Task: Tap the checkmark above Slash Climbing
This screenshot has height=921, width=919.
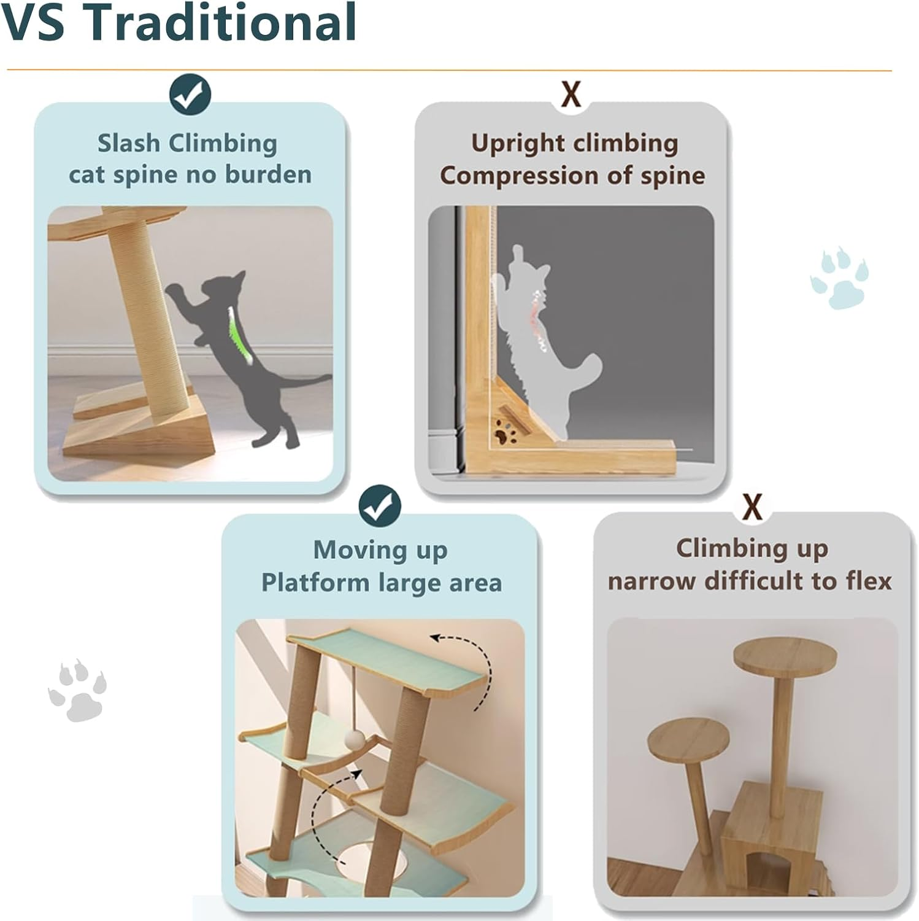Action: pos(190,95)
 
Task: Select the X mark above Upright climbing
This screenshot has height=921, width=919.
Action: pos(571,95)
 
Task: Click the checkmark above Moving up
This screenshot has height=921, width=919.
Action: pos(380,505)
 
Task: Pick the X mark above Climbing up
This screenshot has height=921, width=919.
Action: pos(753,507)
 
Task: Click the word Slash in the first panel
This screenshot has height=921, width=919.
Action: pos(129,144)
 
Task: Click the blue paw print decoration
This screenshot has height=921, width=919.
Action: pos(839,278)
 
